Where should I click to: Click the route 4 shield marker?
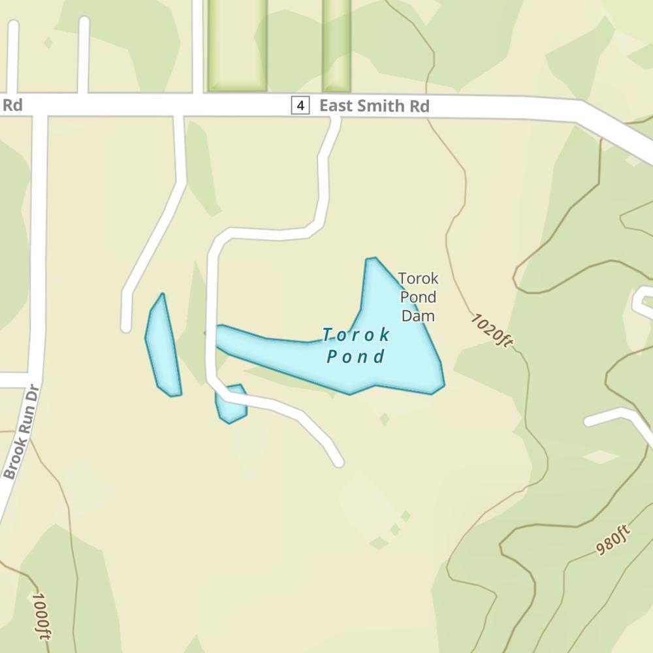tap(300, 105)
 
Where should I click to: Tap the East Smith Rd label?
tap(374, 106)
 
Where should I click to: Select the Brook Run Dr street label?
tap(22, 432)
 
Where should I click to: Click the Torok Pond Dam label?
tap(418, 297)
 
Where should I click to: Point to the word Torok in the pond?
tap(357, 336)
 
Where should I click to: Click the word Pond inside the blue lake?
tap(356, 357)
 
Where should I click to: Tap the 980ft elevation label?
tap(613, 540)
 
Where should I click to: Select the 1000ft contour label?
tap(40, 616)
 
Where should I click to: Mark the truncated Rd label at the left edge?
tap(12, 105)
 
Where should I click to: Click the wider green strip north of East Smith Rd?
tap(237, 44)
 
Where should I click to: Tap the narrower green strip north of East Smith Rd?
tap(337, 44)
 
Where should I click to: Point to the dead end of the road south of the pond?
tap(338, 462)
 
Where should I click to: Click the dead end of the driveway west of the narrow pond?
tap(126, 326)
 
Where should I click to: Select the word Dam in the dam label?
tap(418, 316)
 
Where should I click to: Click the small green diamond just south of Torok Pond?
tap(385, 419)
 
